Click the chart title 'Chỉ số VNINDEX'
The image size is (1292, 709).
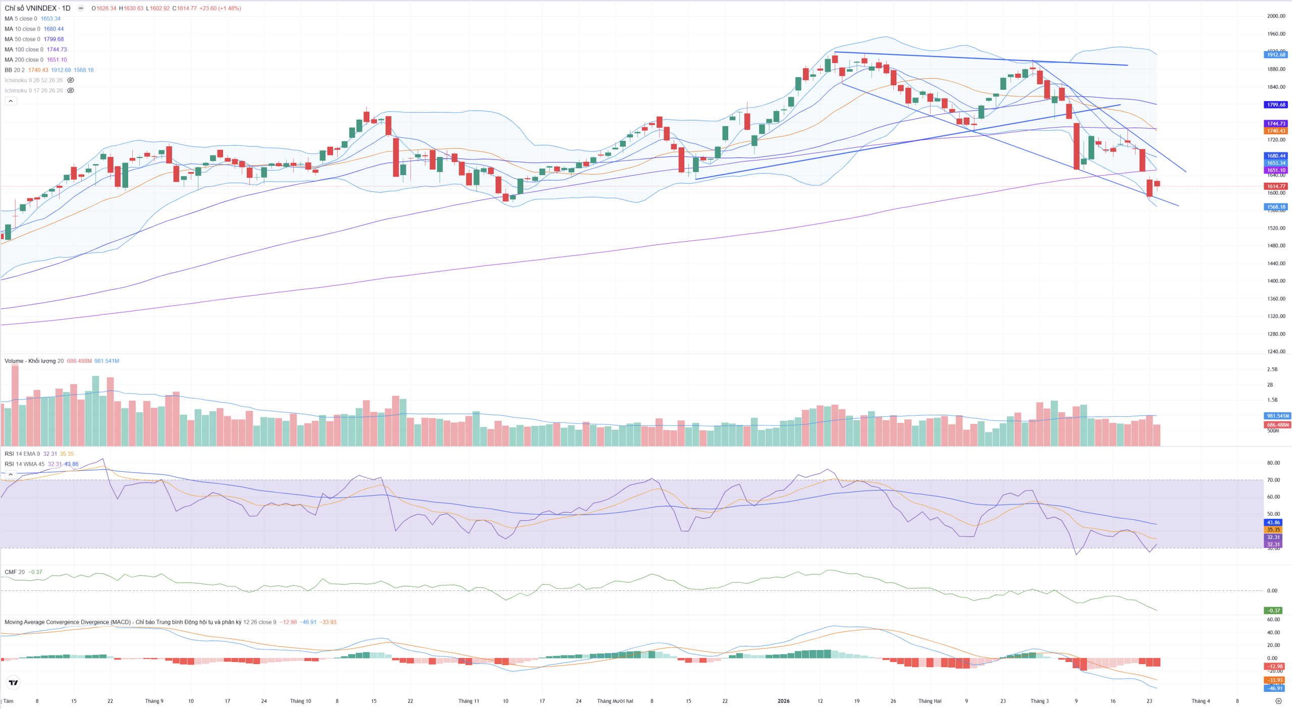coord(31,8)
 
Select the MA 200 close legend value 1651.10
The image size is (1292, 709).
coord(57,60)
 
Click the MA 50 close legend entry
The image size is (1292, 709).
coord(22,39)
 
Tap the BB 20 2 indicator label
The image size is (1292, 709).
coord(15,70)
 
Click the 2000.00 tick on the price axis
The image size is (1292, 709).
coord(1276,16)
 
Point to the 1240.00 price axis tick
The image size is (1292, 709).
coord(1276,352)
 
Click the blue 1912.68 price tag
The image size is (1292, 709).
coord(1276,54)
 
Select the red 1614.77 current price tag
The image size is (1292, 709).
coord(1276,186)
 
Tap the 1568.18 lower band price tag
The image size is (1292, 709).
coord(1276,207)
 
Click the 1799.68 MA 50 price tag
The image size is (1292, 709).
coord(1276,105)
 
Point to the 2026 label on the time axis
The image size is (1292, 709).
coord(783,701)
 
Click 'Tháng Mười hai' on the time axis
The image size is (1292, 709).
coord(615,701)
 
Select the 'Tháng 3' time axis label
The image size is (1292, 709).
coord(1039,701)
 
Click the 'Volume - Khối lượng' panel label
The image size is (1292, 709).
coord(30,361)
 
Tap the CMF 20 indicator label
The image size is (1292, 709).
coord(14,572)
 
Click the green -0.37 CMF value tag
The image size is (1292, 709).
coord(1274,611)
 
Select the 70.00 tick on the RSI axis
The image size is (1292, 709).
coord(1273,480)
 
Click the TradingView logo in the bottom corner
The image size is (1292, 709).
coord(14,683)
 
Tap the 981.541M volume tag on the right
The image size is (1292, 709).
coord(1277,416)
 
